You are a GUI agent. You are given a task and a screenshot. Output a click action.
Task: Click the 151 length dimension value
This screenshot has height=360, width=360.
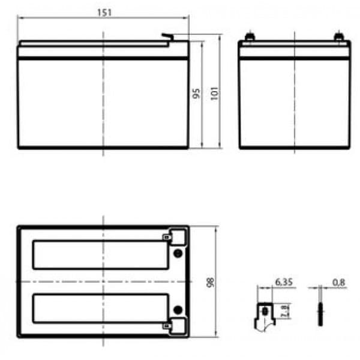[104, 12]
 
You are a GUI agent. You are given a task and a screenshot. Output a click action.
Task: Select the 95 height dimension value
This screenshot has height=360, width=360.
[196, 93]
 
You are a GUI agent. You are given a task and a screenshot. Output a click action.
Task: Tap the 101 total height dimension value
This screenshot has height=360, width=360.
[214, 93]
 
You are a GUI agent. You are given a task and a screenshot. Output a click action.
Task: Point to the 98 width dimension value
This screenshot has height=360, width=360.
[211, 282]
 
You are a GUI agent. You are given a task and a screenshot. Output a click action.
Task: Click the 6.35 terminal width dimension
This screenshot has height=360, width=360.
[284, 282]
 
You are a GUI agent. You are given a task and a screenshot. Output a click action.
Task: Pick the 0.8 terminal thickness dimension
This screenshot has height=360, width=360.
[338, 283]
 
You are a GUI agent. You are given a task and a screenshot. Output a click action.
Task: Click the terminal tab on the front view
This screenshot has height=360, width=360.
[167, 37]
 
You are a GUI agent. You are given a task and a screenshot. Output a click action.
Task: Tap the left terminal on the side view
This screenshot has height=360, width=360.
[250, 36]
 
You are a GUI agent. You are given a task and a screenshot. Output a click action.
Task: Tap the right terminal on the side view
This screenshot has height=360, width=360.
[338, 36]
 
